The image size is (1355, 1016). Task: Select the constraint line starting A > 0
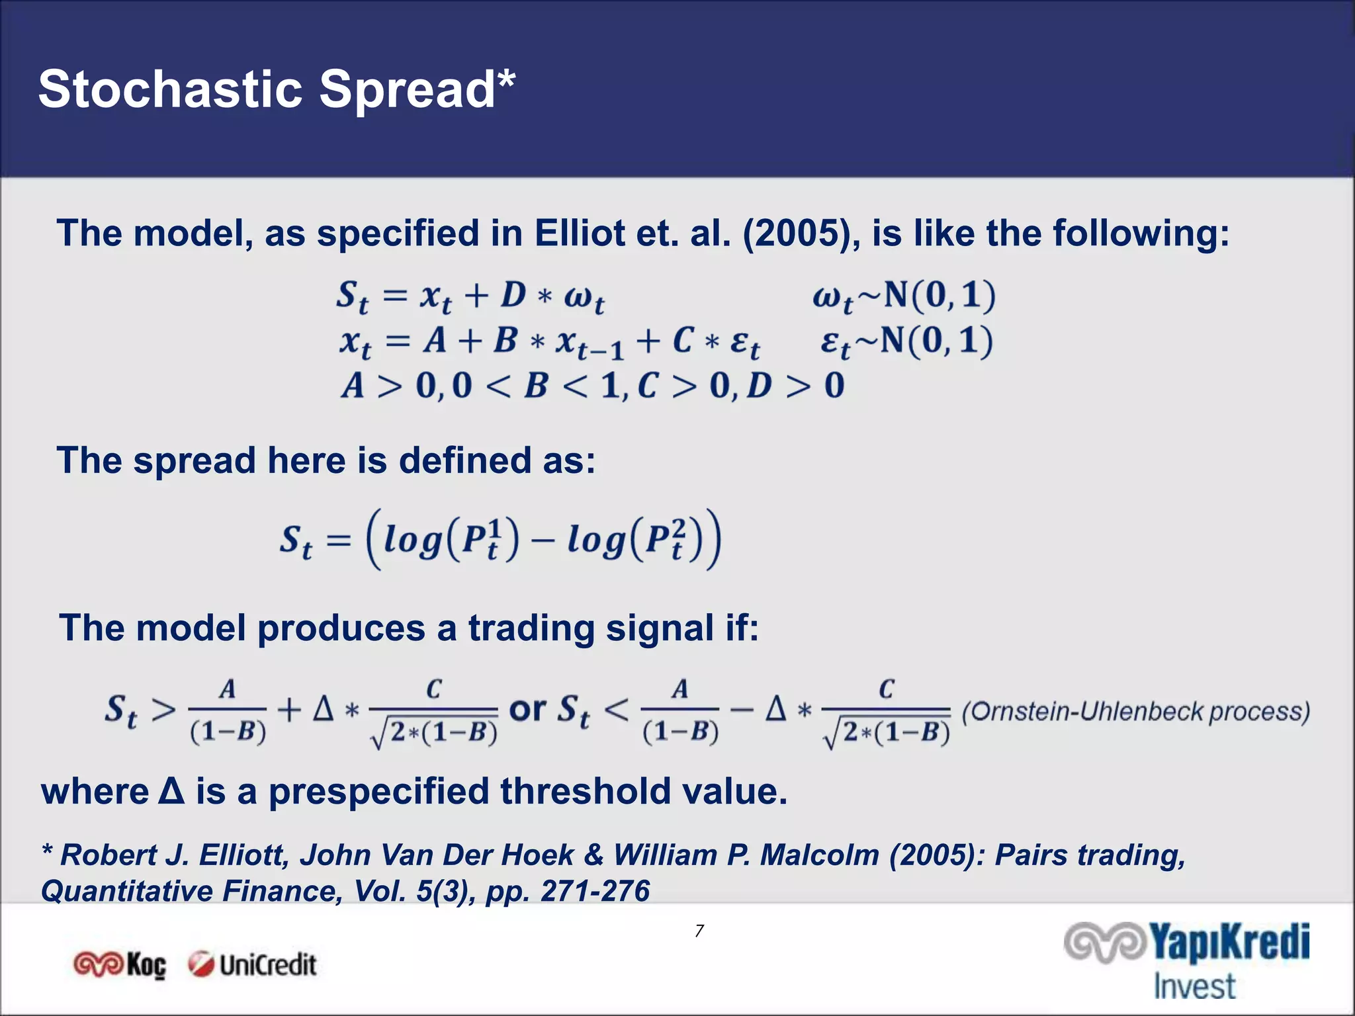coord(592,385)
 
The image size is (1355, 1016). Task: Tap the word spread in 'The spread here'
coord(194,460)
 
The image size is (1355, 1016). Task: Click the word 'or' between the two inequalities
coord(527,709)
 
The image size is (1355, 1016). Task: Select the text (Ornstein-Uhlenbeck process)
coord(1135,712)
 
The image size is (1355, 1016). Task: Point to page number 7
coord(699,931)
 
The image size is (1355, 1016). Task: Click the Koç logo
coord(120,964)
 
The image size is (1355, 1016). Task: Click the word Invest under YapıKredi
coord(1194,986)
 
